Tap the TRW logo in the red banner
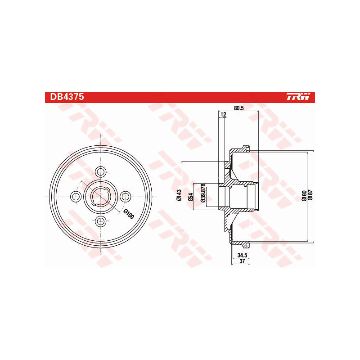298,97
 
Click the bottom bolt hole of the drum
101,221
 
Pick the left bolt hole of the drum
76,196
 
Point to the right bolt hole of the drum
126,196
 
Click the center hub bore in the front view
101,196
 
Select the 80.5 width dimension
239,108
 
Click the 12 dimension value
223,116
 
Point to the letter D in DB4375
48,97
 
